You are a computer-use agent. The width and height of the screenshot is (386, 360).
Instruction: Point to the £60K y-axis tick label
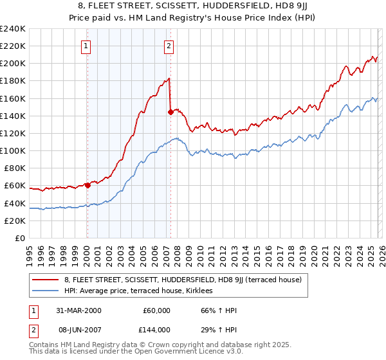coord(14,186)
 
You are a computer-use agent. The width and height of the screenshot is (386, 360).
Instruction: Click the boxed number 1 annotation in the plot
coord(86,46)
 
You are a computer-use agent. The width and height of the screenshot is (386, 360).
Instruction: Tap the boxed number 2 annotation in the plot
coord(169,46)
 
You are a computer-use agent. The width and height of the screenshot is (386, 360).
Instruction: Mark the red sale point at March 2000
coord(87,185)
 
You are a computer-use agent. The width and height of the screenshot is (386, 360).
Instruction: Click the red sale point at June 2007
coord(170,112)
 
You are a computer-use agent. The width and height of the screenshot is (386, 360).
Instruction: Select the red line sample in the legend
coord(46,280)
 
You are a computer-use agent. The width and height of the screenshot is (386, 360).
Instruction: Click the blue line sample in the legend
coord(46,291)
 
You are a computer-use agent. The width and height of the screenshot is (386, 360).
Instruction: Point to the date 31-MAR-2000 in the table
coord(78,310)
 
